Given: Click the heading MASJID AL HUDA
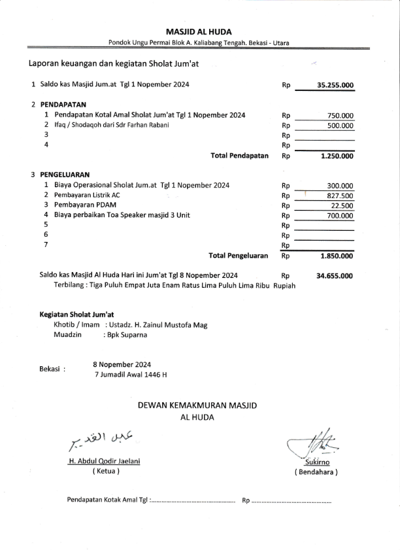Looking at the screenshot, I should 199,31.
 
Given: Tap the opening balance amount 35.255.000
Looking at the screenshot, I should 335,85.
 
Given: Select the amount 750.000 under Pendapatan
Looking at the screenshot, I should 340,115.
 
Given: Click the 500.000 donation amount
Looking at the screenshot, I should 340,126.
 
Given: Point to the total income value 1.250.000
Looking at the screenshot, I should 337,156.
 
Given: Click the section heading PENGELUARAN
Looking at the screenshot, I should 65,175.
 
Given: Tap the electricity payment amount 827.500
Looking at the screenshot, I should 340,196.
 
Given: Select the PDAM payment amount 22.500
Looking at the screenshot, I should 342,205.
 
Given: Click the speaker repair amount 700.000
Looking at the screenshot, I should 340,215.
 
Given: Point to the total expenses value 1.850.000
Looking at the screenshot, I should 337,256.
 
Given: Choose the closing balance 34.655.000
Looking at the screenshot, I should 335,276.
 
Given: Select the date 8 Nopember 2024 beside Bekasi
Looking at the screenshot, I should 122,364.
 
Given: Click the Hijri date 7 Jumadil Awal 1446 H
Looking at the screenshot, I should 131,375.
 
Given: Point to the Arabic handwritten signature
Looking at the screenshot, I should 101,441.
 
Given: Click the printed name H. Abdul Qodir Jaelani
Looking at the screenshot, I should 105,461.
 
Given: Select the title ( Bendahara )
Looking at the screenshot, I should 316,472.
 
